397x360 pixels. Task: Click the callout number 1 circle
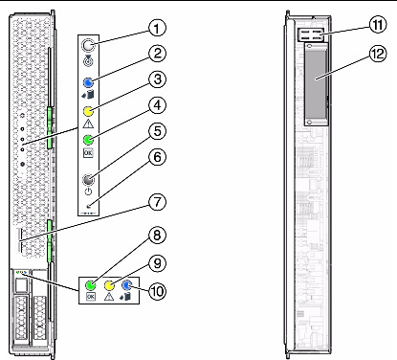tap(157, 28)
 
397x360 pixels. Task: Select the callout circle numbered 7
tap(158, 202)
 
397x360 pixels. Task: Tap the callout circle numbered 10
tap(158, 291)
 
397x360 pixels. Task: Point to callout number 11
tap(378, 25)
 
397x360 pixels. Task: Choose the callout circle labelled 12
tap(378, 54)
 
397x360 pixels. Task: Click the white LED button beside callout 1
tap(88, 45)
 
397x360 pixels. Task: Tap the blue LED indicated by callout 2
tap(88, 82)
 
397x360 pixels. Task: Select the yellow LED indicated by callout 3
tap(88, 111)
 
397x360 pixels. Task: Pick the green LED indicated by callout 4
tap(88, 140)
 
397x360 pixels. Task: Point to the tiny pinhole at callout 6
tap(89, 207)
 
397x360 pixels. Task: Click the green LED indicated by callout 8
tap(91, 285)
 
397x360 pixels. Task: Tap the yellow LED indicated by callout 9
tap(109, 285)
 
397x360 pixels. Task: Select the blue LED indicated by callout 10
tap(127, 285)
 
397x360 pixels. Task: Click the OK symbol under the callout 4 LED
tap(88, 153)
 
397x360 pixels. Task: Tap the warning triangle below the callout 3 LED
tap(88, 124)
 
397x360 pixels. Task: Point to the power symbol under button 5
tap(88, 191)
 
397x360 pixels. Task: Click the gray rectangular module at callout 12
tap(316, 84)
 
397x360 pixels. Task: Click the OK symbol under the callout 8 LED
tap(91, 297)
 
